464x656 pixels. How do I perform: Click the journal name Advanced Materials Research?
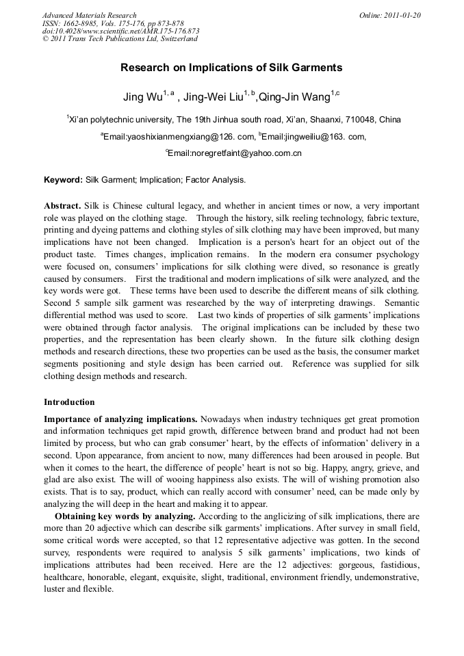(x=89, y=15)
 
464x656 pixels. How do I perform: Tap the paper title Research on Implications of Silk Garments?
(x=231, y=68)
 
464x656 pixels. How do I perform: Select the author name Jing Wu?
(x=142, y=98)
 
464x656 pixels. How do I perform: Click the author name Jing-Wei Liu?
(x=213, y=98)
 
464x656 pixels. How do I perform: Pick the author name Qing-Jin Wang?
(x=294, y=98)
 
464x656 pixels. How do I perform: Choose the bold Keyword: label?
(x=63, y=180)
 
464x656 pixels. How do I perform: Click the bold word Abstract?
(x=62, y=206)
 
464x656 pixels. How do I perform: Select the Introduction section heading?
(x=69, y=402)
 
